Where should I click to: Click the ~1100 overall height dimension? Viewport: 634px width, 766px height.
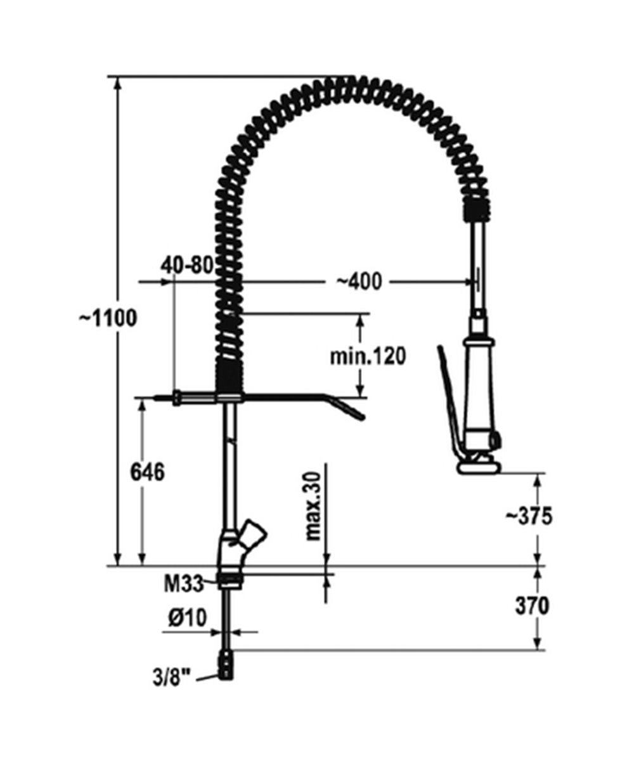108,318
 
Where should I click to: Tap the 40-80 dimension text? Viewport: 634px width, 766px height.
187,265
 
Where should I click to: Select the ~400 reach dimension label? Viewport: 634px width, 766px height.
359,282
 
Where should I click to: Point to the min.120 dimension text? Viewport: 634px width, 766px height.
368,356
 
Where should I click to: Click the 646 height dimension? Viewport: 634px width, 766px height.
148,472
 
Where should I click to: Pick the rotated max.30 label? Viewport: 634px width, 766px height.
313,507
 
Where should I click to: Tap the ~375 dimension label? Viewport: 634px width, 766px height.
529,517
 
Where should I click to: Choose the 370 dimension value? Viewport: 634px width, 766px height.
533,606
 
